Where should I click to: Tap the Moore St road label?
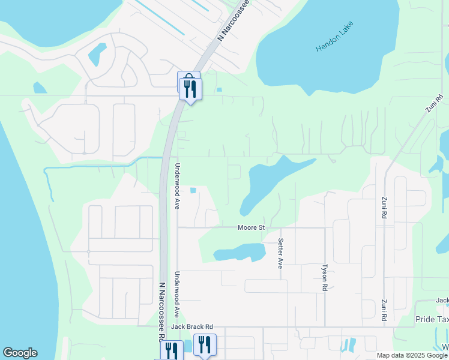tap(251, 227)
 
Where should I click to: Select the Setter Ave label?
tap(280, 253)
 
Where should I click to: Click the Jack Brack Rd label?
tap(192, 327)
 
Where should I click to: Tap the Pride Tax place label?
tap(432, 320)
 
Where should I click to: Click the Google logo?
tap(20, 353)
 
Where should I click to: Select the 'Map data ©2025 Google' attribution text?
tap(412, 355)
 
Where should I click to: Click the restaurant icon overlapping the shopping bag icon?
tap(191, 89)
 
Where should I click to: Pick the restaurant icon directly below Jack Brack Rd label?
tap(205, 345)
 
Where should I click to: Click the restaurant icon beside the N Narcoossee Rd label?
tap(172, 350)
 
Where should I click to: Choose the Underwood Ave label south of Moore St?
tap(177, 294)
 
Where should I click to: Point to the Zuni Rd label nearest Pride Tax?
tap(383, 310)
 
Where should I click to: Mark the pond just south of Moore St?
tap(238, 252)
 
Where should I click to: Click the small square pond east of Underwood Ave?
tap(193, 191)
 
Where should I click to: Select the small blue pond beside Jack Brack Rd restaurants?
tap(188, 345)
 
